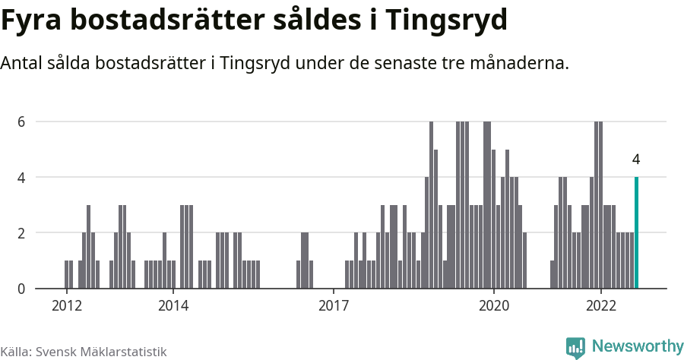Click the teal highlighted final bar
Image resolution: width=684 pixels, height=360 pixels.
point(636,233)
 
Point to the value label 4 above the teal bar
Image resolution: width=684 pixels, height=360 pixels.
point(635,160)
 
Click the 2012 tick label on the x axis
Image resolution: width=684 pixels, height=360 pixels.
point(66,305)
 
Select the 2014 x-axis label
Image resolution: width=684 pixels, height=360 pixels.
point(173,305)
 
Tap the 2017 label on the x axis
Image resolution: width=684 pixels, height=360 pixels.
point(334,305)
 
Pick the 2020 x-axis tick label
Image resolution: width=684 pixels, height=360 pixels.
point(494,305)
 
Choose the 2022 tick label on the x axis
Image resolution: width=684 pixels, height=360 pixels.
point(601,305)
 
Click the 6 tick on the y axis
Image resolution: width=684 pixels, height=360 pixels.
point(22,122)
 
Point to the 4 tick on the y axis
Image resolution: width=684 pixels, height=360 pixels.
point(22,177)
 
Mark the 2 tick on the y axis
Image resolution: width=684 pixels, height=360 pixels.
point(22,233)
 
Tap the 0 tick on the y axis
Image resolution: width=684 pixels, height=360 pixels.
point(22,289)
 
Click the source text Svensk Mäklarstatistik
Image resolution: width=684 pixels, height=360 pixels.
point(102,352)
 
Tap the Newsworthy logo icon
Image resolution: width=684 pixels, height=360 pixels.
point(575,347)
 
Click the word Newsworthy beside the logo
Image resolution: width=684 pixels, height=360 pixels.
point(637,346)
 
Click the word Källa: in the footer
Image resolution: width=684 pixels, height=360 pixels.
point(16,352)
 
